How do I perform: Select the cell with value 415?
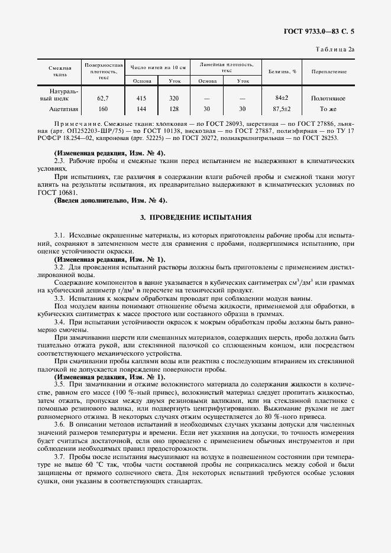pos(141,98)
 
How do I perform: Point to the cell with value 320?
pos(174,98)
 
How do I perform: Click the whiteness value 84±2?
pos(282,98)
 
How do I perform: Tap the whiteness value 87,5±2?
pos(282,109)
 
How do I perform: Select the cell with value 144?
pos(141,109)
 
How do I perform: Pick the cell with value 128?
pos(174,109)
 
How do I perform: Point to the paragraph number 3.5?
pos(59,385)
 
